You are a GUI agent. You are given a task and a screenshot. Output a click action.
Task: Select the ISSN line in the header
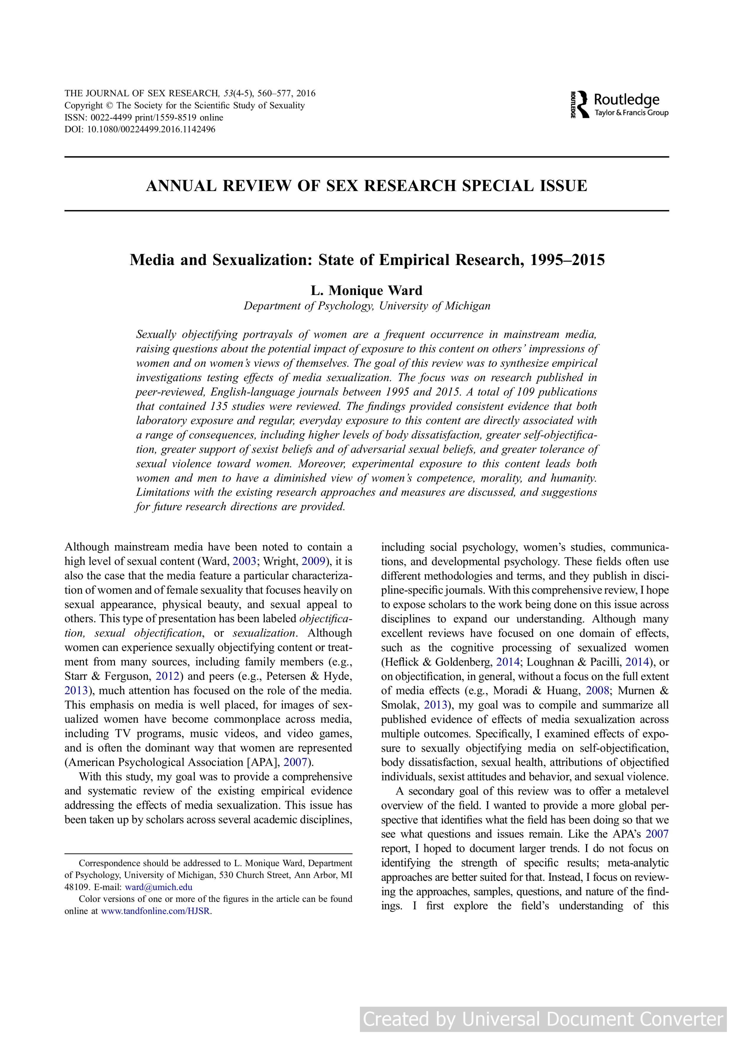[x=144, y=118]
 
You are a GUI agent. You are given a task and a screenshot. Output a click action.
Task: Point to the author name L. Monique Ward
[x=366, y=291]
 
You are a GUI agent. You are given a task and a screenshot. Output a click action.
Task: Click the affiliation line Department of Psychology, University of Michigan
[x=367, y=306]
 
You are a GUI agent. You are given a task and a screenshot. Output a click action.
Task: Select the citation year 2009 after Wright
[x=313, y=562]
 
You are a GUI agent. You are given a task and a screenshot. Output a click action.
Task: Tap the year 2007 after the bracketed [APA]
[x=295, y=762]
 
